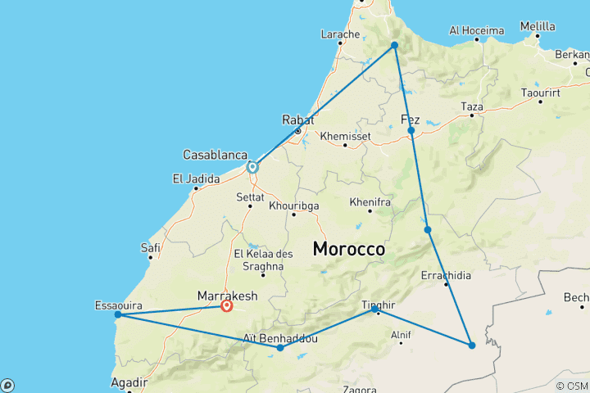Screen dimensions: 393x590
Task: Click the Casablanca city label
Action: (216, 154)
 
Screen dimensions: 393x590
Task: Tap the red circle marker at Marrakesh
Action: (226, 306)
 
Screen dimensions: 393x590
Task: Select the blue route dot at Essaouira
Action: (118, 314)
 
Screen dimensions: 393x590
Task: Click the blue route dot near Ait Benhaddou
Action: (280, 348)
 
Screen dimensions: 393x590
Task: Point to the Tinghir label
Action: (378, 305)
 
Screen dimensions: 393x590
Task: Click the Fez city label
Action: (410, 120)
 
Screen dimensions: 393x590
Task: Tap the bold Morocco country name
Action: (348, 249)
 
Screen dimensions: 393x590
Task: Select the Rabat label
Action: (297, 120)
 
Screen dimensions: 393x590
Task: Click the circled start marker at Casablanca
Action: (252, 167)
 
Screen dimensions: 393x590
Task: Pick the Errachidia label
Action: (446, 275)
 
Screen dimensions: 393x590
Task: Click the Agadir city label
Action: (130, 382)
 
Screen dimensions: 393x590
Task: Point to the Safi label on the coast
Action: (150, 247)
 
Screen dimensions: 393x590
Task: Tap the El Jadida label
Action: (196, 178)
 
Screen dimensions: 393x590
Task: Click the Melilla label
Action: (538, 26)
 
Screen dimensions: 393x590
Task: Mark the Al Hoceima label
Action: (476, 31)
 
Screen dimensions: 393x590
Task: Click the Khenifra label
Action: (369, 201)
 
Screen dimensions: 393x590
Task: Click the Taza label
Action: (472, 106)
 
